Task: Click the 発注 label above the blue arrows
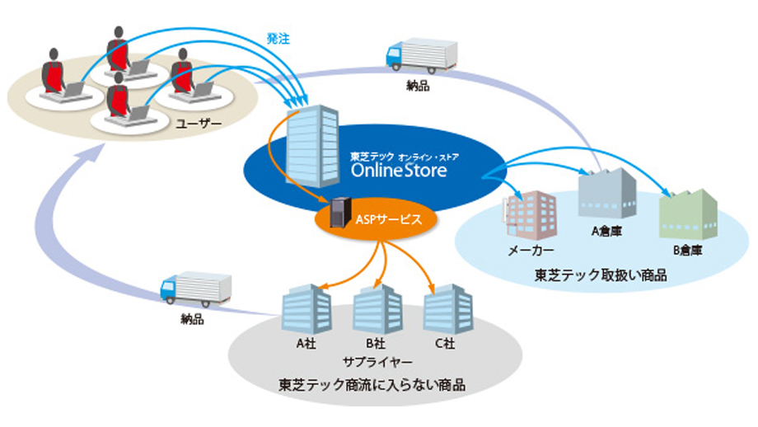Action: [x=277, y=38]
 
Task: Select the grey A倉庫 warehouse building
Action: [x=606, y=196]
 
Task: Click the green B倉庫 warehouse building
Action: [x=689, y=213]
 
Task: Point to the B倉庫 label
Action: [x=686, y=249]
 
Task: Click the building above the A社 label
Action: [x=306, y=309]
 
